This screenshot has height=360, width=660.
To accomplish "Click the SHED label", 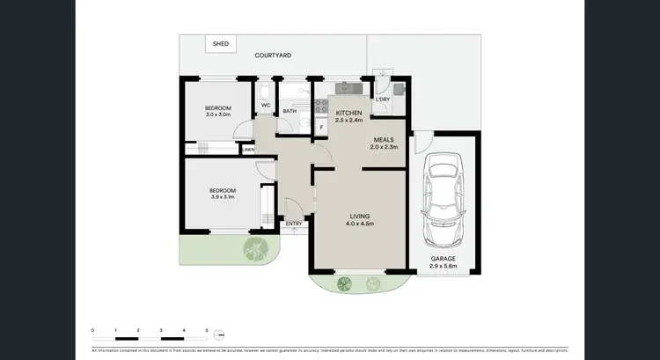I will [220, 42].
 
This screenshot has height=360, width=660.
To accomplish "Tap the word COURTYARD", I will [273, 55].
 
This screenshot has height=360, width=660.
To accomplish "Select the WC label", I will [265, 106].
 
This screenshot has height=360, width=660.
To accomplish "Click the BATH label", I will [290, 111].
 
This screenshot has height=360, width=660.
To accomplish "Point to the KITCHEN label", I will [349, 114].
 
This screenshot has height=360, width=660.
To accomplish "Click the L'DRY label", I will [383, 99].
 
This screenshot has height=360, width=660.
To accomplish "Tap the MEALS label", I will [384, 140].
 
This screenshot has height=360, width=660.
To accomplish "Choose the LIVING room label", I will [358, 216].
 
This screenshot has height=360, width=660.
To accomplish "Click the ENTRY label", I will [293, 224].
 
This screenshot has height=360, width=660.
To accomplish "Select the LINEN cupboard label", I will [248, 150].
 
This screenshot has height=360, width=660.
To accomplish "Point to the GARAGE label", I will [442, 259].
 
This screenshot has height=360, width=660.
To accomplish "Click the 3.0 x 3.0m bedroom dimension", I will [217, 114].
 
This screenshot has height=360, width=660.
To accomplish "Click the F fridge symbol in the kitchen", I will [322, 128].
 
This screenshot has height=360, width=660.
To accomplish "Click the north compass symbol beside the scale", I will [220, 334].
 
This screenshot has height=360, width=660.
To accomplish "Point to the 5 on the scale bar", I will [207, 329].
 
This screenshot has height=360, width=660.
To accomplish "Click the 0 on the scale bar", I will [92, 329].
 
